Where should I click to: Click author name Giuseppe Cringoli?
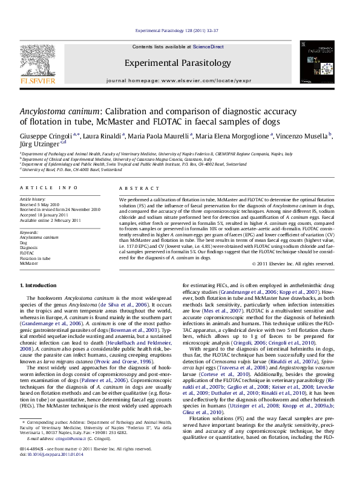[x=42, y=137]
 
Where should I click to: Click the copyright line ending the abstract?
[x=292, y=264]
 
